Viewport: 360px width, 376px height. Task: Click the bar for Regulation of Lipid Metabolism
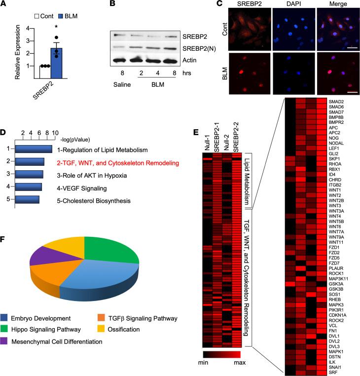click(34, 149)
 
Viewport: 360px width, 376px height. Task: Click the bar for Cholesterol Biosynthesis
click(27, 200)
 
